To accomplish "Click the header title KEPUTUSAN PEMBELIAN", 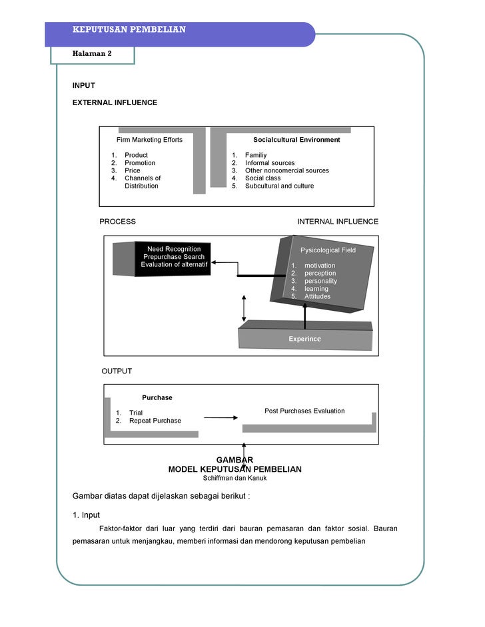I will [x=129, y=30].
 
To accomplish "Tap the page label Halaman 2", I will [x=92, y=54].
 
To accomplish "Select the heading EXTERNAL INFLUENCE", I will [x=115, y=103].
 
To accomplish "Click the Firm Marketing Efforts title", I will [x=149, y=140].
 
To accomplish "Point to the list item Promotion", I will [x=140, y=163].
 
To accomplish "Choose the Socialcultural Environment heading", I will [x=296, y=140].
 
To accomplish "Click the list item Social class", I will [x=262, y=178].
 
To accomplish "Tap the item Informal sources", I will [x=270, y=163].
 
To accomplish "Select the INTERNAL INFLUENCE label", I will [x=337, y=222].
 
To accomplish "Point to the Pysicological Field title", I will [x=328, y=250].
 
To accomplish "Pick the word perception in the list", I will [x=320, y=273].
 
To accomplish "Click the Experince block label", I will [x=304, y=339].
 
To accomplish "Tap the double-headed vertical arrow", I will [x=244, y=308].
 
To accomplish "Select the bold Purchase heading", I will [x=157, y=397].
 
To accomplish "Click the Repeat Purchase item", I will [x=155, y=421].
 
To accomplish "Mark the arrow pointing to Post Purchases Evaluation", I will [x=221, y=417].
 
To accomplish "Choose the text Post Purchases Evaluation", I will [x=304, y=411].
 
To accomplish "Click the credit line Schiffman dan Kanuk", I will [x=235, y=478].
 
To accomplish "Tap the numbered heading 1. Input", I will [x=86, y=515].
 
